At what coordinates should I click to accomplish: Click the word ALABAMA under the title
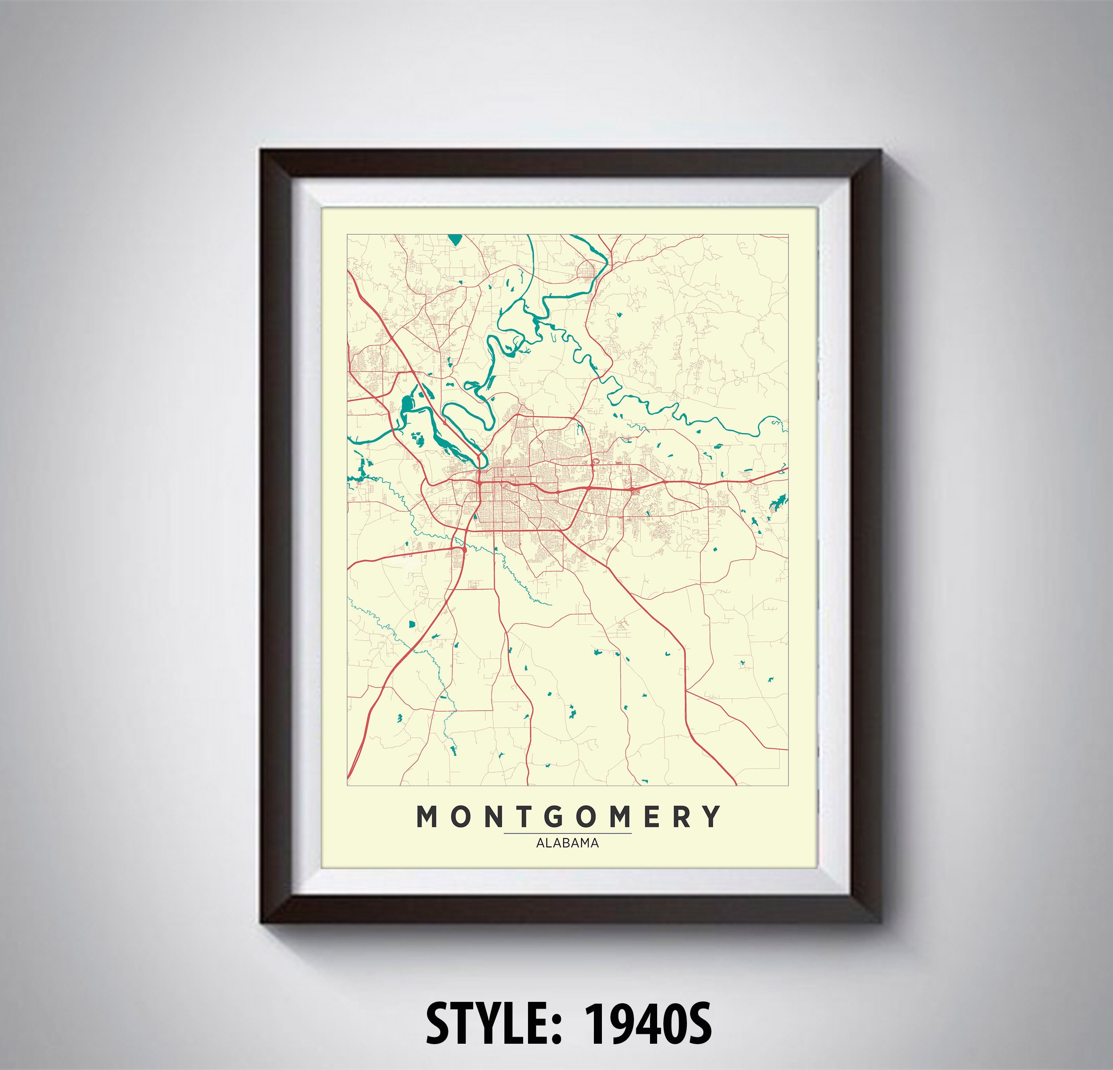[567, 843]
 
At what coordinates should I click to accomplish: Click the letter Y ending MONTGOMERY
[711, 817]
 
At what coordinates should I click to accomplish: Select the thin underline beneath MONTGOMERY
[567, 833]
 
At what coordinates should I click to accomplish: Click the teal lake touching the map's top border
[454, 239]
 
